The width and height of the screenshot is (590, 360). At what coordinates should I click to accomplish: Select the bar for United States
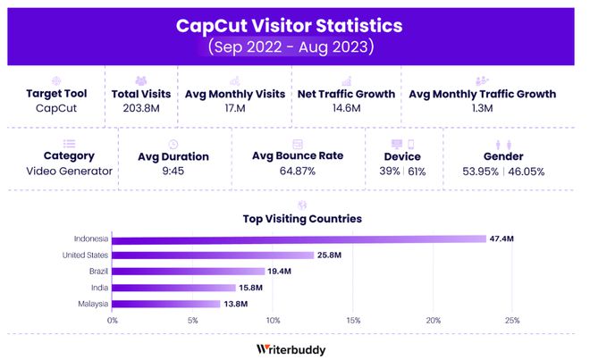212,255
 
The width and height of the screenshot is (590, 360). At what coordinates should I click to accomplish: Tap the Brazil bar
188,272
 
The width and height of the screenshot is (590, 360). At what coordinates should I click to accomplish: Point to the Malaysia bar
165,304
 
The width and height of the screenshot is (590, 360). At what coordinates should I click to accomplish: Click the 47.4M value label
501,239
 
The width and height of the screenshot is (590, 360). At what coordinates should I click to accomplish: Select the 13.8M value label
236,304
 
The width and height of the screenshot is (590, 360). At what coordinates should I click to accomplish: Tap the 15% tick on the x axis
353,319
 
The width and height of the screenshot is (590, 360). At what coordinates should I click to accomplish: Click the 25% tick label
512,319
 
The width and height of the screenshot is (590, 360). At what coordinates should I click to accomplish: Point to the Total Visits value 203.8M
140,109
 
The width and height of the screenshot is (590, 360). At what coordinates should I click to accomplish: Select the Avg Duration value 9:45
173,172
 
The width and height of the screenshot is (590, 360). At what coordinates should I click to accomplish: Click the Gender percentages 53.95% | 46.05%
502,172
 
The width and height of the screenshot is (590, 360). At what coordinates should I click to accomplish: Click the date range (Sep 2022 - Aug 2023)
294,46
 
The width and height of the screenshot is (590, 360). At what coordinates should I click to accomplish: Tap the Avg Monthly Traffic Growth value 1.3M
482,109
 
